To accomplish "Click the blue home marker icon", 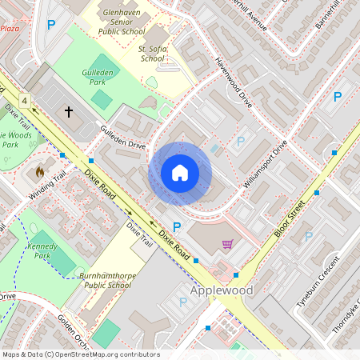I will (x=180, y=172).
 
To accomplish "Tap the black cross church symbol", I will (x=68, y=112).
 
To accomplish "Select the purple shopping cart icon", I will (x=227, y=244).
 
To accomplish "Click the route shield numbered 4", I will (x=26, y=101).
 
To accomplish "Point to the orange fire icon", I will (x=40, y=171).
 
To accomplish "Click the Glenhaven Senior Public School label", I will (x=122, y=22).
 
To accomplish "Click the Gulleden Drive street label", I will (x=122, y=137).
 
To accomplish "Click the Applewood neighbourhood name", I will (x=221, y=290).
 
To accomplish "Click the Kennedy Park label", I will (x=43, y=251).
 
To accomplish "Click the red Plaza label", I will (x=10, y=28).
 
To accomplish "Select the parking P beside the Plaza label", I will (x=51, y=26).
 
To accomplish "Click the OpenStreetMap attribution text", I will (x=81, y=354).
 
